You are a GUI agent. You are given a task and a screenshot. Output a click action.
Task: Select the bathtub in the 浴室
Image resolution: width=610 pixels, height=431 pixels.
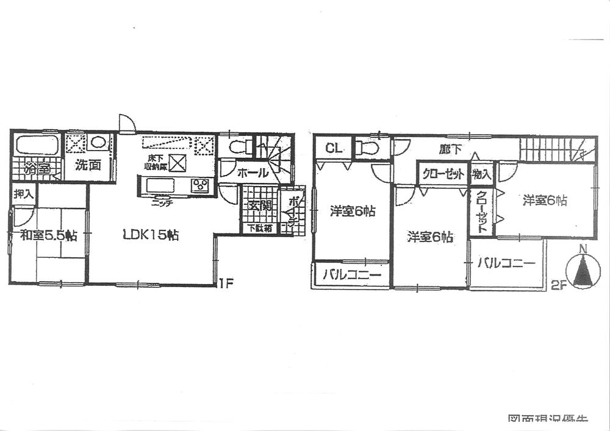click(37, 146)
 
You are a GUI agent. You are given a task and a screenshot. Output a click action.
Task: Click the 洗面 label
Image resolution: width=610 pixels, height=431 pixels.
click(88, 166)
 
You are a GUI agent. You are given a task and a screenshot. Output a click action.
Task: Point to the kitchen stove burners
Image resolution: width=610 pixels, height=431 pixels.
click(200, 186)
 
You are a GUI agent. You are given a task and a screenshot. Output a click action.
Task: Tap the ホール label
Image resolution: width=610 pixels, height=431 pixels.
click(253, 173)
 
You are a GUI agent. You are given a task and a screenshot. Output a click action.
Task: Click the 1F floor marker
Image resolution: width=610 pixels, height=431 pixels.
click(226, 283)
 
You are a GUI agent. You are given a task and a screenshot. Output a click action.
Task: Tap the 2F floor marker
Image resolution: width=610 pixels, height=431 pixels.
click(558, 283)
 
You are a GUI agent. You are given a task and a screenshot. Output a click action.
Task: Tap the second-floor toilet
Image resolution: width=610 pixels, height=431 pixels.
click(369, 148)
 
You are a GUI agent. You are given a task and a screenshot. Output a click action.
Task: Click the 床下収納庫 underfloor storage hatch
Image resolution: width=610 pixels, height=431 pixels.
click(178, 163)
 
